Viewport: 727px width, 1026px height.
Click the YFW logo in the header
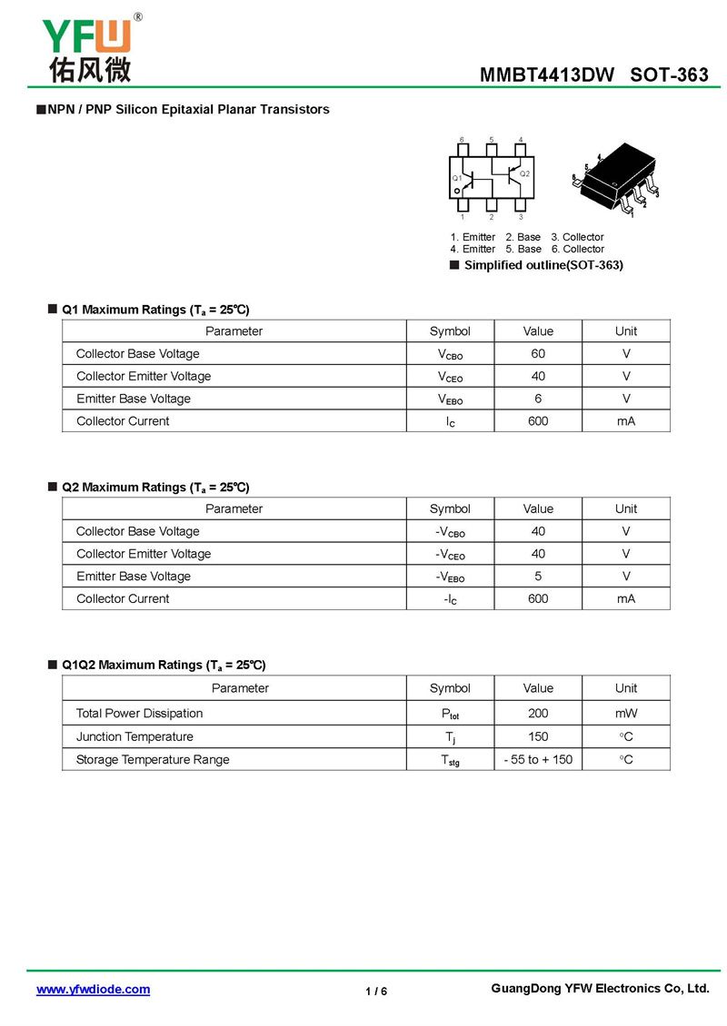click(x=86, y=47)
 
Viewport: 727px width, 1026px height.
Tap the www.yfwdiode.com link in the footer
click(x=93, y=990)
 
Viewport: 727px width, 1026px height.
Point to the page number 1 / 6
click(x=376, y=991)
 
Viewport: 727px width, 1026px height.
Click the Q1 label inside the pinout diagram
click(x=457, y=178)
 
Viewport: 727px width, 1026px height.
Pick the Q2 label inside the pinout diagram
click(x=525, y=173)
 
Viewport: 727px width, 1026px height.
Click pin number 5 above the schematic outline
click(x=492, y=140)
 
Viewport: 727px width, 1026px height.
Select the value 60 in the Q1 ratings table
click(x=538, y=353)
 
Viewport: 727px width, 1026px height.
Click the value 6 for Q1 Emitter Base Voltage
click(x=538, y=399)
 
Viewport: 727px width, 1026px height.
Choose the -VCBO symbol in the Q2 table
click(x=450, y=532)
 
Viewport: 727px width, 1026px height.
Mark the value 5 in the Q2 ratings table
click(x=538, y=576)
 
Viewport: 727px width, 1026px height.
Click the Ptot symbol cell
click(x=450, y=714)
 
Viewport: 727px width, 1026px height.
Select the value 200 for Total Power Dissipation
click(x=538, y=713)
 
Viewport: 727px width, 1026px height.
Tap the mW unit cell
click(x=626, y=713)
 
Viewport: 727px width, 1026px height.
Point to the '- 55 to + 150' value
click(x=538, y=759)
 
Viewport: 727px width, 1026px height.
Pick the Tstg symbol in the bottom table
click(x=450, y=760)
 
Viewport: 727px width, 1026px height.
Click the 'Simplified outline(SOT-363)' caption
click(x=543, y=265)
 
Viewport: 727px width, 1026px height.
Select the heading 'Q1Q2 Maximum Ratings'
click(x=164, y=665)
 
